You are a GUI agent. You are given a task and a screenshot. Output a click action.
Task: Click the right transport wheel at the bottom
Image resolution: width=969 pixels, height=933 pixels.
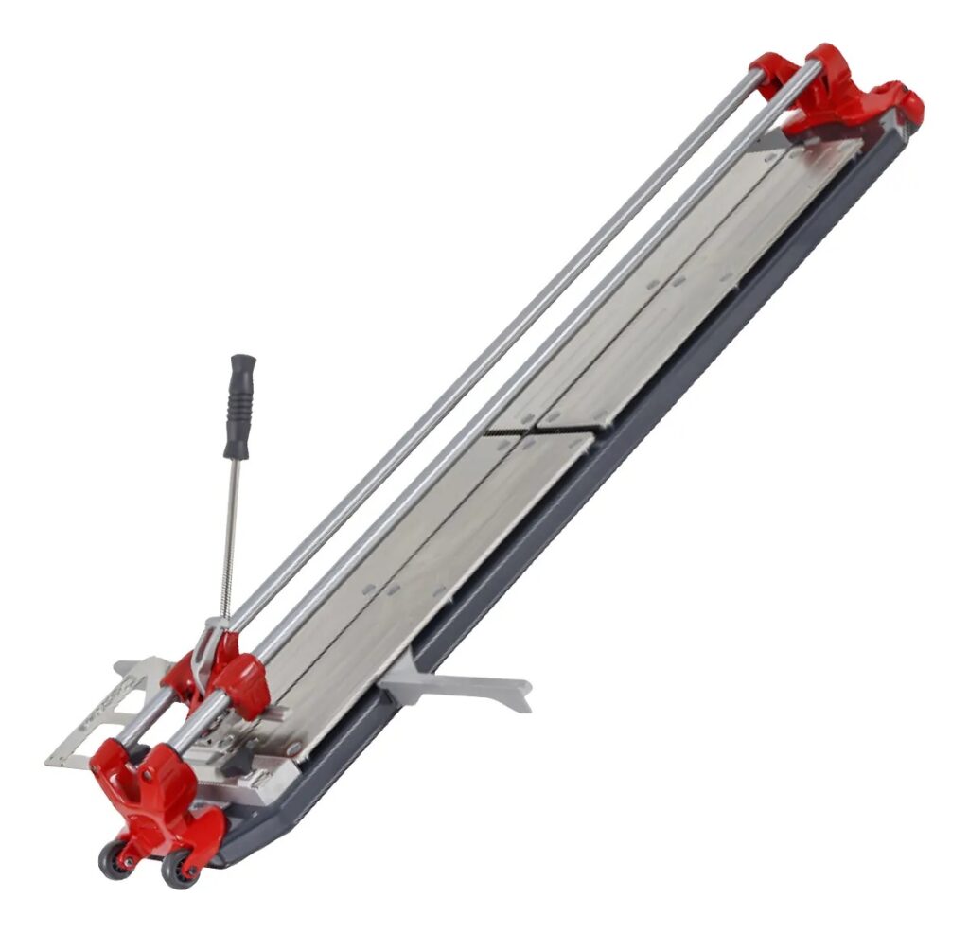click(x=177, y=868)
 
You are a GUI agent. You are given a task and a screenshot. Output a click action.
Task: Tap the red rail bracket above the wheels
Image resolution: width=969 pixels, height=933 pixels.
click(x=154, y=800)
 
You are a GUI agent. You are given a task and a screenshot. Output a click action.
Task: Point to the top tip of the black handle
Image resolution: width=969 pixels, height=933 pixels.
click(x=243, y=360)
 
